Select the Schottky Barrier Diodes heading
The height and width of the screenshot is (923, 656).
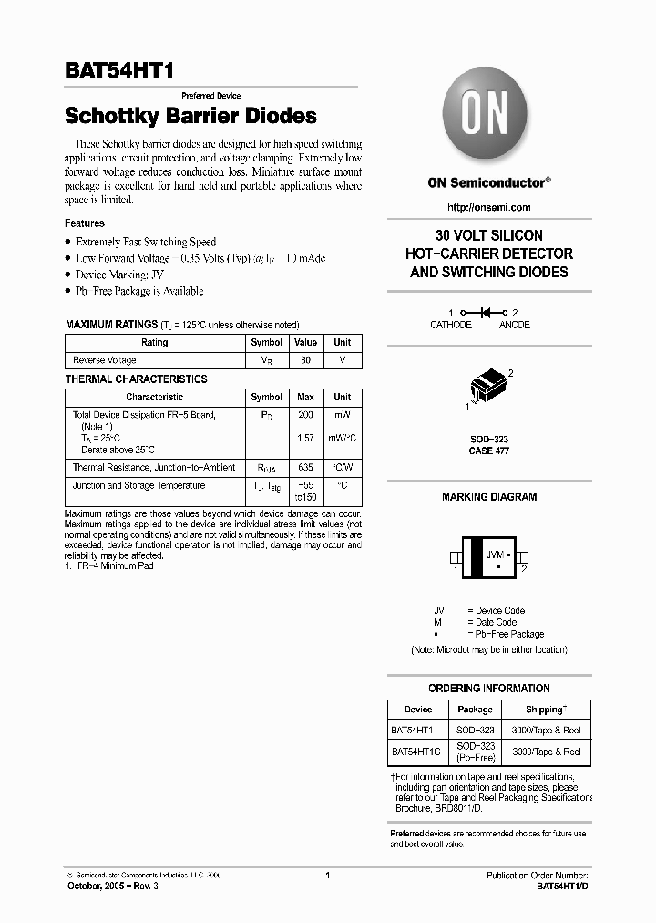coord(190,116)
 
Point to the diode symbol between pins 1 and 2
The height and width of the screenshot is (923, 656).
coord(486,312)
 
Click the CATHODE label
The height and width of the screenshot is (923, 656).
coord(451,325)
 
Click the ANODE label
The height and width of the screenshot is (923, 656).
coord(515,325)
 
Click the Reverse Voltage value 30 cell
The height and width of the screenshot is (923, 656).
coord(305,360)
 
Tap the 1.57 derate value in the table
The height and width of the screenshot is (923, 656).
coord(305,438)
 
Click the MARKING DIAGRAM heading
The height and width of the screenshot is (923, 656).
coord(489,497)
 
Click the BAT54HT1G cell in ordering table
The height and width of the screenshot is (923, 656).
coord(415,752)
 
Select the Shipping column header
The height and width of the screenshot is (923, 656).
coord(547,709)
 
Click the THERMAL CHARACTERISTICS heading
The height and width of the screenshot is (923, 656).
coord(136,379)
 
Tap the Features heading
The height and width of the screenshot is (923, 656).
coord(85,223)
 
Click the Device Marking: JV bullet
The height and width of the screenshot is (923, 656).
coord(119,275)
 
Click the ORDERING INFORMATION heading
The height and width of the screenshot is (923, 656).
coord(489,689)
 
